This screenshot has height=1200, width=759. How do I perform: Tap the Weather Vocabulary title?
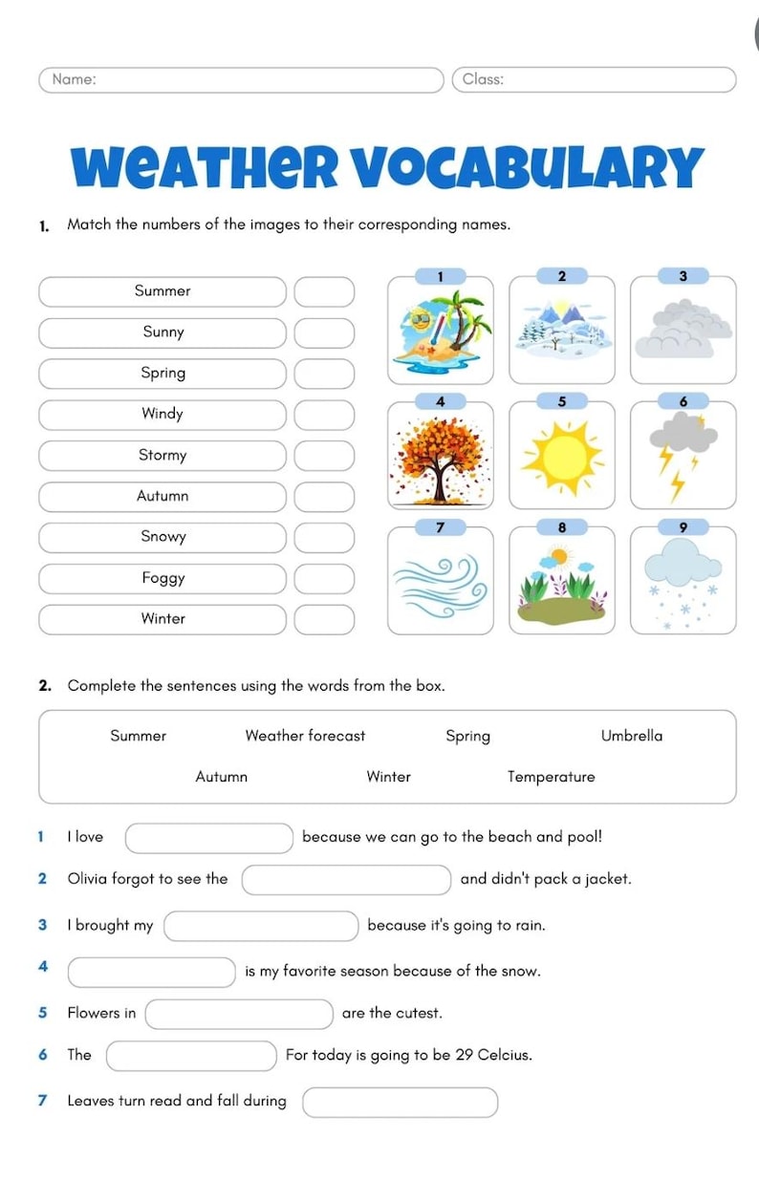point(387,166)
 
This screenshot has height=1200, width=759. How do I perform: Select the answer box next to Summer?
point(323,291)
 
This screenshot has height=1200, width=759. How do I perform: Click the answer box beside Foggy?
point(323,578)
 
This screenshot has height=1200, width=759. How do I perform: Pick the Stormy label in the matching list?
point(163,456)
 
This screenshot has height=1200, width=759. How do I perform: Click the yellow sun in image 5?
point(561,458)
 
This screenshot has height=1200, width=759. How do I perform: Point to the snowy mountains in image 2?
point(561,330)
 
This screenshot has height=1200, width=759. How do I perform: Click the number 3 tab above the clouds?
point(683,276)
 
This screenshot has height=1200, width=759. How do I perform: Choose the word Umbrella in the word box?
point(631,736)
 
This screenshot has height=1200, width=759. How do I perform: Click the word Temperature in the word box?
point(551,777)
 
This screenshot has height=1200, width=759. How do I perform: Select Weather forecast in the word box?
point(305,736)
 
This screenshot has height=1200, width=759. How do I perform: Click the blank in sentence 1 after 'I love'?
point(209,838)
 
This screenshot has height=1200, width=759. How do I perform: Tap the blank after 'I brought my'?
point(261,926)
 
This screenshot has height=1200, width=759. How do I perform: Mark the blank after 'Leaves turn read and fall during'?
point(401,1102)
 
